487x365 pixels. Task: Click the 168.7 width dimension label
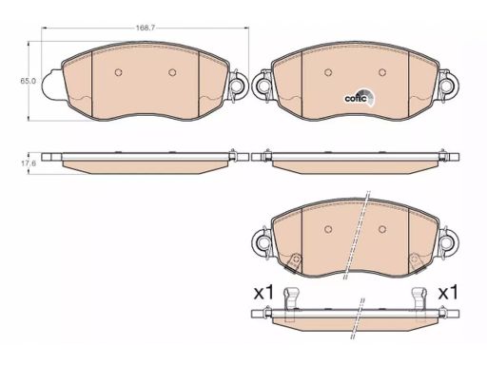click(146, 28)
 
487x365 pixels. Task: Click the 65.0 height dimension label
click(29, 81)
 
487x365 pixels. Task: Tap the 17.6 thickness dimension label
click(29, 163)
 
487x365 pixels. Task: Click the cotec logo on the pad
click(360, 98)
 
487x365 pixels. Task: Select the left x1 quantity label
click(263, 293)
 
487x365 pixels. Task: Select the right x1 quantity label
click(448, 293)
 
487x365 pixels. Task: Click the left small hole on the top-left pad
click(118, 72)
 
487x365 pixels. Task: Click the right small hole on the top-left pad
click(172, 72)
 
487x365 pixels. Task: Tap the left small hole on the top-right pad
click(328, 72)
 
